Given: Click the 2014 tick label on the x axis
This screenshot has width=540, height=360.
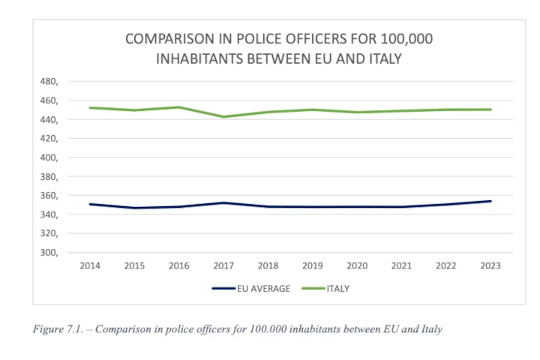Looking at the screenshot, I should [90, 265].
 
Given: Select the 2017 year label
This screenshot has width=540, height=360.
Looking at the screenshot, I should [223, 265].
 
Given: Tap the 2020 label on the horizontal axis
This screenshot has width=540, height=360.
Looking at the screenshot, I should [357, 265].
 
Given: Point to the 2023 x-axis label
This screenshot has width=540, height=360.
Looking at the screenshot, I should [490, 265].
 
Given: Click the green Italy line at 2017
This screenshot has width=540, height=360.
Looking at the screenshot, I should [223, 117].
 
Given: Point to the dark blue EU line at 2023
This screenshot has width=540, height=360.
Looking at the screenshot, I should [490, 201].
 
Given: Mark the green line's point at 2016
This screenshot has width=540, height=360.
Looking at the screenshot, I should [179, 107].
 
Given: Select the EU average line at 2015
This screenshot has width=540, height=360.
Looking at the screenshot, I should [135, 208].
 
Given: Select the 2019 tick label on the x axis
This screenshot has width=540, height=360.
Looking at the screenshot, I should [313, 265].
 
